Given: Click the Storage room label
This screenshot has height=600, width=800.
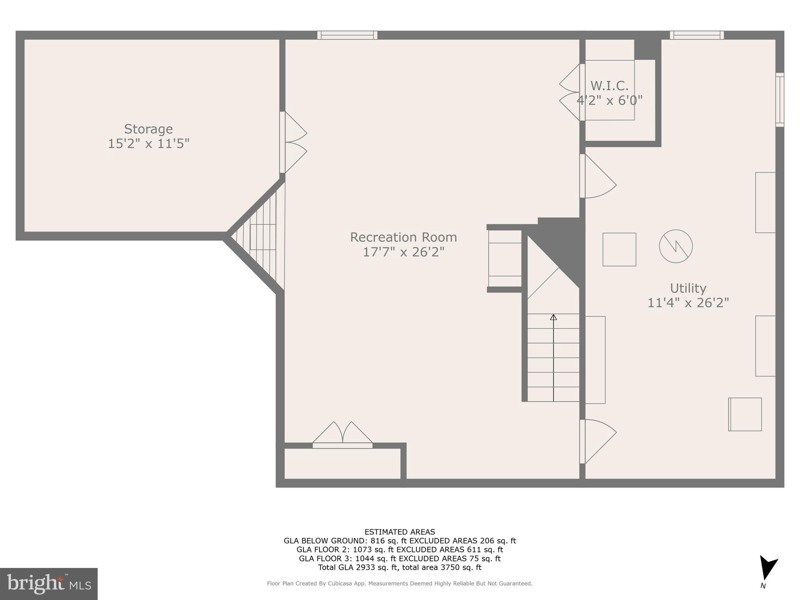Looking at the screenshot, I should point(148,129).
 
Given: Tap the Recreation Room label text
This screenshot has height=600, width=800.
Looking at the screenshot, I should point(403,237).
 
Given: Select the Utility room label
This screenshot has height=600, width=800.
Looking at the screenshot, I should point(688,288).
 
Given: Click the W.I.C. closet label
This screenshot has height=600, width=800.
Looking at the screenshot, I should point(609,86).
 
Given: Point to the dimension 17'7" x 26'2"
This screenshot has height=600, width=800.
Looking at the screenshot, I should point(404,252).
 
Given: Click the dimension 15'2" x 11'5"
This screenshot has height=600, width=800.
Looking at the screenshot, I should point(148,144).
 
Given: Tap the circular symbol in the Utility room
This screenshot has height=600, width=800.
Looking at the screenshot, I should point(676,246).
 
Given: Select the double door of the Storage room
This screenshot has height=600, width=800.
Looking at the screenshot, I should point(293,143).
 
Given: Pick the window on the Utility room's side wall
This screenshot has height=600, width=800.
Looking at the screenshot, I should point(779,100).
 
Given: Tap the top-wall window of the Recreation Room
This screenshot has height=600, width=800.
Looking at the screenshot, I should point(347,35).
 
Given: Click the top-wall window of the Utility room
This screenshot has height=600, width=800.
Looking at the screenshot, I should point(696,35).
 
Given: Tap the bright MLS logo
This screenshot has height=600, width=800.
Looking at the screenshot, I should point(48,584).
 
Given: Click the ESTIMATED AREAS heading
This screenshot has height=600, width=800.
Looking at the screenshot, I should point(400,532).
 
